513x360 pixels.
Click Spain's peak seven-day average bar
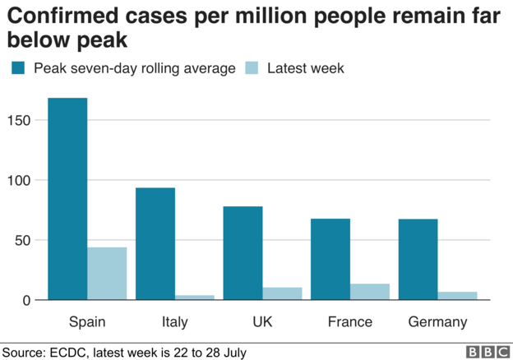(67, 199)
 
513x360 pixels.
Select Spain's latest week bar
(107, 274)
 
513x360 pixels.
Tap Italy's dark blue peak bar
(155, 244)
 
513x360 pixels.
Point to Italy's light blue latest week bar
(195, 298)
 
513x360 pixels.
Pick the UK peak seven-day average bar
(243, 253)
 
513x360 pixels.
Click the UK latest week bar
(282, 294)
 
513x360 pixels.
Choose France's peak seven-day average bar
(330, 259)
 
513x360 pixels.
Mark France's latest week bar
(370, 292)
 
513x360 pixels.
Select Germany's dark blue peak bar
(418, 260)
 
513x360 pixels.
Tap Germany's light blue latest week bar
(457, 296)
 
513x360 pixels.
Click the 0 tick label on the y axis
(26, 301)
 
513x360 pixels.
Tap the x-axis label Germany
(437, 321)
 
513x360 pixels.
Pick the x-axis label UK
(262, 321)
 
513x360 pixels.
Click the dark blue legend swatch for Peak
(17, 67)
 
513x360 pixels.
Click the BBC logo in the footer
(488, 352)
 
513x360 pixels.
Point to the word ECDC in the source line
(72, 352)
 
